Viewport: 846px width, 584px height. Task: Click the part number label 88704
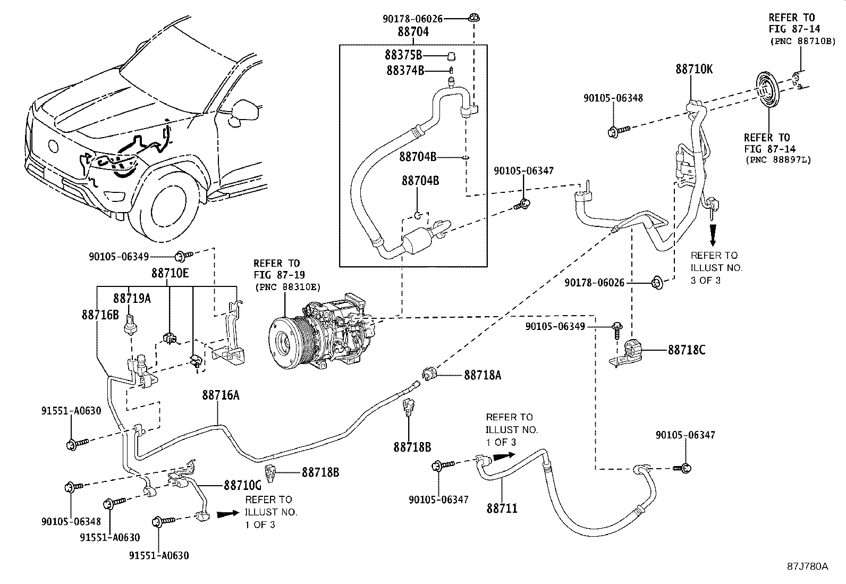pyautogui.click(x=413, y=32)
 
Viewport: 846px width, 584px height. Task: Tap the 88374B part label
pyautogui.click(x=405, y=70)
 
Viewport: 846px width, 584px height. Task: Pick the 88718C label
pyautogui.click(x=687, y=350)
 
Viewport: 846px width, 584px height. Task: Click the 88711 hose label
pyautogui.click(x=502, y=509)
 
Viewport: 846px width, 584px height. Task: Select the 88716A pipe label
pyautogui.click(x=221, y=395)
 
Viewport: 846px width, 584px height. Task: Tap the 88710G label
pyautogui.click(x=242, y=485)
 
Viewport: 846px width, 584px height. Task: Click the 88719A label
pyautogui.click(x=132, y=299)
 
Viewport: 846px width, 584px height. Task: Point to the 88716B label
pyautogui.click(x=100, y=315)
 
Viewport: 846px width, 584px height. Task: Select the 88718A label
pyautogui.click(x=483, y=375)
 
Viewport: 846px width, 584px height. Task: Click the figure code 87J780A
pyautogui.click(x=808, y=566)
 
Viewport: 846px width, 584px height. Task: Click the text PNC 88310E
pyautogui.click(x=286, y=287)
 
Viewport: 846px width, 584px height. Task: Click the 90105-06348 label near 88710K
pyautogui.click(x=613, y=98)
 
